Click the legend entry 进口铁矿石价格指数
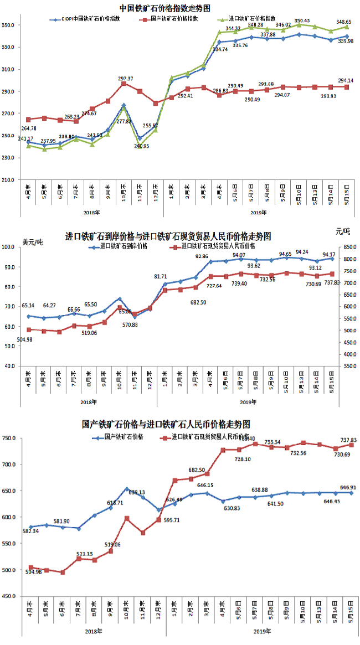pyautogui.click(x=255, y=19)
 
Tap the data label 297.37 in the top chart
pyautogui.click(x=125, y=79)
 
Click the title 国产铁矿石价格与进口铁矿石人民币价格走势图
pyautogui.click(x=166, y=425)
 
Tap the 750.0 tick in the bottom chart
pyautogui.click(x=11, y=438)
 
